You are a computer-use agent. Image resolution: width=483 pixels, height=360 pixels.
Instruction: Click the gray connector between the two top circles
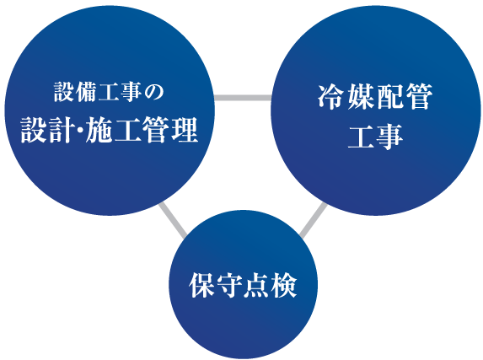tap(243, 98)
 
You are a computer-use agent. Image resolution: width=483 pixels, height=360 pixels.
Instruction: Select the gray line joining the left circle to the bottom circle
tap(173, 220)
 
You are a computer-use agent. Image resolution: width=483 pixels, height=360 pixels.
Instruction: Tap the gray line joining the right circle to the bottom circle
tap(313, 220)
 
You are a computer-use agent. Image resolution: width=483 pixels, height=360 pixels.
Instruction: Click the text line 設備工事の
tap(109, 92)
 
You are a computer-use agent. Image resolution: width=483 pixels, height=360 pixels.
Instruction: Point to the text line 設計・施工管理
tap(110, 130)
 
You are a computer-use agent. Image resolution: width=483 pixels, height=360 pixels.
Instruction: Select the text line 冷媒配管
tap(375, 96)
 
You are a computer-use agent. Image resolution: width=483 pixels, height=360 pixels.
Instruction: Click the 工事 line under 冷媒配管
tap(375, 137)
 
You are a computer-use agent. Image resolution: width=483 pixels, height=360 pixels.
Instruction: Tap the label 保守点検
tap(243, 285)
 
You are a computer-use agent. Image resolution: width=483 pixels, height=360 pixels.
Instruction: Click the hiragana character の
tap(154, 92)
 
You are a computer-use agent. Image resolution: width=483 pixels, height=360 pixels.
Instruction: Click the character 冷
tap(330, 96)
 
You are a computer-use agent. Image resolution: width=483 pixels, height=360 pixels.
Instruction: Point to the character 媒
tap(360, 96)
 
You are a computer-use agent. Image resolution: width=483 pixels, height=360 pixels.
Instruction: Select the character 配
tap(389, 96)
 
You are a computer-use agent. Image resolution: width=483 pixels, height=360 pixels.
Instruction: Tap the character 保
tap(201, 285)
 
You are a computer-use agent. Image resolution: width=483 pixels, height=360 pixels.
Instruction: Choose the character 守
tap(229, 285)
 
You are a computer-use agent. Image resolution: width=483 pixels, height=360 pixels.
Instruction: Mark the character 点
tap(256, 285)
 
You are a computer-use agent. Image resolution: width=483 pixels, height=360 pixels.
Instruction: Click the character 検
tap(284, 285)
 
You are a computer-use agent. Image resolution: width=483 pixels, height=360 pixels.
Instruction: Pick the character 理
tap(185, 130)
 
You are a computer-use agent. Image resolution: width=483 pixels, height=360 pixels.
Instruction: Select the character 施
tap(99, 130)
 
